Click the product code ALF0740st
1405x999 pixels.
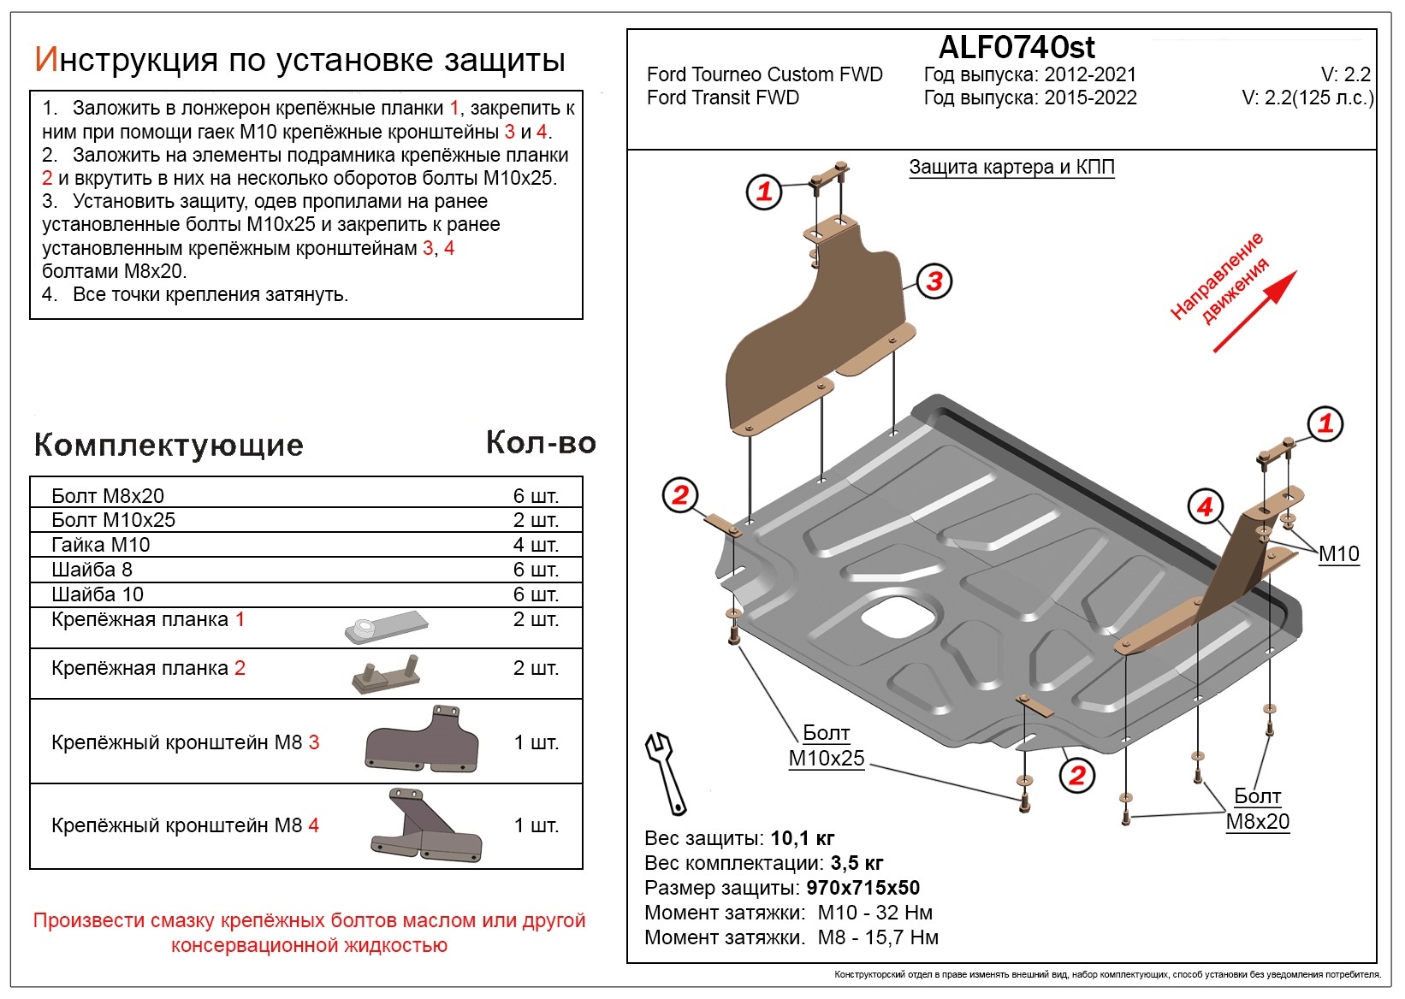1017,47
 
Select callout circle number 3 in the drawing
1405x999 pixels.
934,281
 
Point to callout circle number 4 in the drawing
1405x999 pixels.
1205,507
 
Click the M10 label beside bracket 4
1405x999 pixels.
1338,554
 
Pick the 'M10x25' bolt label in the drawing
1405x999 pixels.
827,758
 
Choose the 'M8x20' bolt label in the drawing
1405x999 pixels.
1257,821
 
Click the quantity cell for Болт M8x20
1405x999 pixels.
536,496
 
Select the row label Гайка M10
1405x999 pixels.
101,545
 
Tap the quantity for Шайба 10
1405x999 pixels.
536,594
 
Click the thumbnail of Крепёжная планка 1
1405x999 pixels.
385,627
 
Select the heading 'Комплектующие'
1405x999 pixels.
169,445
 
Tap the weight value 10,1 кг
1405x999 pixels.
802,838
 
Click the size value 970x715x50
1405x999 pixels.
863,888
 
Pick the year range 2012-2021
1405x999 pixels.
1090,74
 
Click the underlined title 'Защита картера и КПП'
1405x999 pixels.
1011,167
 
